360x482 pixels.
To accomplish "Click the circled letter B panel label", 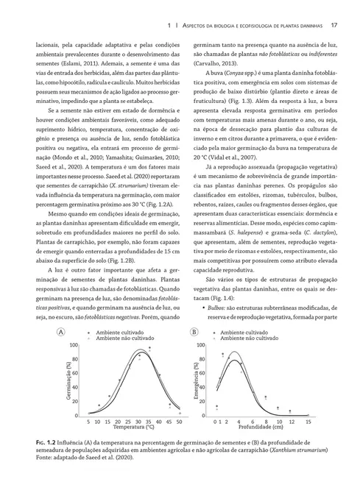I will coord(194,333).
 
